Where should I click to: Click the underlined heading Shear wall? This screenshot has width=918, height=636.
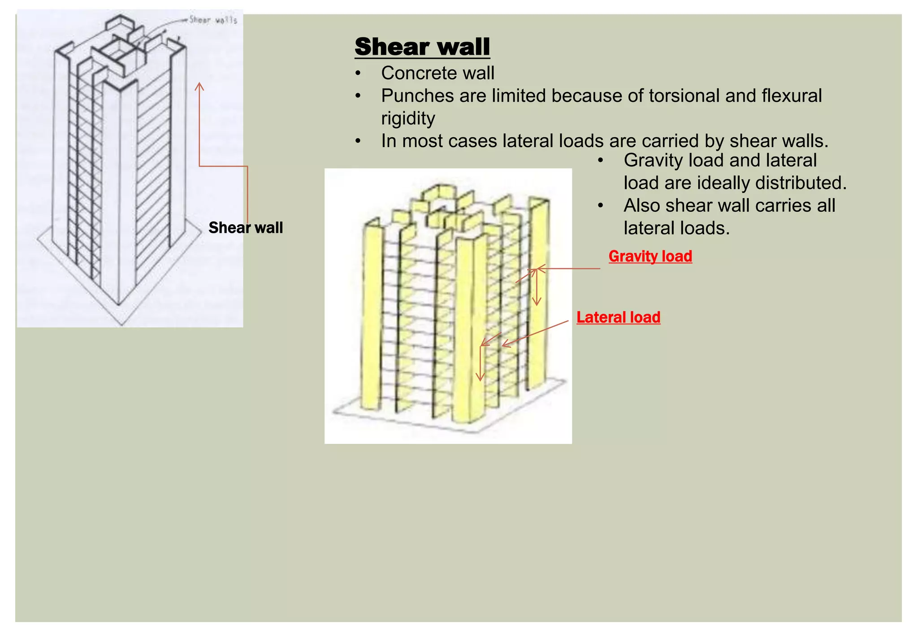(x=422, y=47)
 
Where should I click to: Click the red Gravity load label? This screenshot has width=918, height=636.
(x=650, y=256)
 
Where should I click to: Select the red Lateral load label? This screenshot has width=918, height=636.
(x=618, y=318)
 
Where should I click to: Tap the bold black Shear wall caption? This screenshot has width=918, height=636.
(x=246, y=228)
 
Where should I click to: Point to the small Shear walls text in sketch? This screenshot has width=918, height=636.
(x=213, y=20)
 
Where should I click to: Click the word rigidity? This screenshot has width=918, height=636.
(x=408, y=118)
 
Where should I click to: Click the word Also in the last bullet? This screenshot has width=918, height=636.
(x=642, y=206)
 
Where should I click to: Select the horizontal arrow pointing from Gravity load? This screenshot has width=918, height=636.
(x=569, y=269)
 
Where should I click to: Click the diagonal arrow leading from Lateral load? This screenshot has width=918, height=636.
(x=536, y=333)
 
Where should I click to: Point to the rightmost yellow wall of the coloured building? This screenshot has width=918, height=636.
(x=537, y=292)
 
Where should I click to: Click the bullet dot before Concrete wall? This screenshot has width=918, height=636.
(x=357, y=74)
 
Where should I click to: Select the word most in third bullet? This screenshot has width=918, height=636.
(x=423, y=141)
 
